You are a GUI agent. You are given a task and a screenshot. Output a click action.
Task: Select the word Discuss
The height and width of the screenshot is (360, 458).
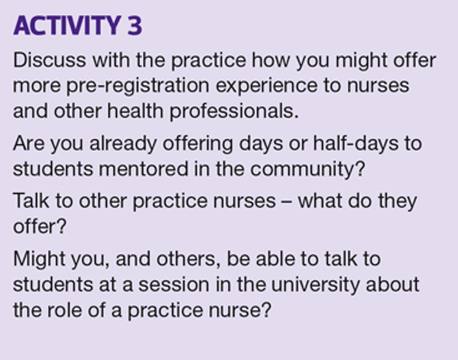(49, 60)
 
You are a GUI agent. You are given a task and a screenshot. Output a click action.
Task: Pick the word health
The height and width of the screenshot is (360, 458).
(135, 111)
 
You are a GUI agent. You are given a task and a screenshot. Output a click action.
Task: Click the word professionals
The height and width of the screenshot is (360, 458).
(234, 112)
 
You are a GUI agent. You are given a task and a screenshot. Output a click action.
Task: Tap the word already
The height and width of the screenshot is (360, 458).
(123, 144)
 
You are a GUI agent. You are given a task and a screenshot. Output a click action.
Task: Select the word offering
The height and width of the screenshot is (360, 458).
(198, 144)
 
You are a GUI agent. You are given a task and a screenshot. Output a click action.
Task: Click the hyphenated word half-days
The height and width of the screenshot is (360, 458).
(356, 144)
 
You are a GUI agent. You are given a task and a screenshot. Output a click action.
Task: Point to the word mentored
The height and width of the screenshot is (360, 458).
(144, 169)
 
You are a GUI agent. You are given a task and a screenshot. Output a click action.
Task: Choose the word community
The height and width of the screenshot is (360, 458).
(302, 170)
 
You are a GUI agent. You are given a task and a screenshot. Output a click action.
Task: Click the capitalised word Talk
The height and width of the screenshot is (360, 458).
(31, 200)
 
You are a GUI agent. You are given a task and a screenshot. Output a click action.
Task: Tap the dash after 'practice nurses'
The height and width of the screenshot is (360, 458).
(287, 202)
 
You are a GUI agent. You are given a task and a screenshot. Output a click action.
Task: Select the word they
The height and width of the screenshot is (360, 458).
(398, 202)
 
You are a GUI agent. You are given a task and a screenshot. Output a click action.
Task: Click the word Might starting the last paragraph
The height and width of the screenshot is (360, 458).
(39, 259)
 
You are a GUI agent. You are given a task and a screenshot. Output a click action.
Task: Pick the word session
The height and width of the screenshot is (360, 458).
(174, 285)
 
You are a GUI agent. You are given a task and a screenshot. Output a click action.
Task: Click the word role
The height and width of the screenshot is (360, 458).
(64, 310)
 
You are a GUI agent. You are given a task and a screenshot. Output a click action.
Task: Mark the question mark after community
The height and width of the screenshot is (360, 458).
(360, 169)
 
